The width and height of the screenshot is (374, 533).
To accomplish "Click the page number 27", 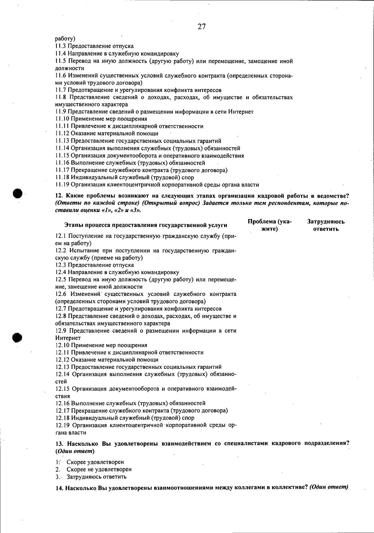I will point(202,27).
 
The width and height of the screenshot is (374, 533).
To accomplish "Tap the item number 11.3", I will point(61,46).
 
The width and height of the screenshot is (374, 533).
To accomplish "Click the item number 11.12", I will point(62,133).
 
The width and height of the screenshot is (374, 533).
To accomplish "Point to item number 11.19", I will point(62,185).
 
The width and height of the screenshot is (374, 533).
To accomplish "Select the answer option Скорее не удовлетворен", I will point(99,469).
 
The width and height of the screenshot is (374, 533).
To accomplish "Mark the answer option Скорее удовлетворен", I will point(95,462).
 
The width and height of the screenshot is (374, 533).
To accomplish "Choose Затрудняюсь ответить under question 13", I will point(96,477).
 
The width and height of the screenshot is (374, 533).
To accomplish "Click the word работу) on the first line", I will point(65,39).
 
